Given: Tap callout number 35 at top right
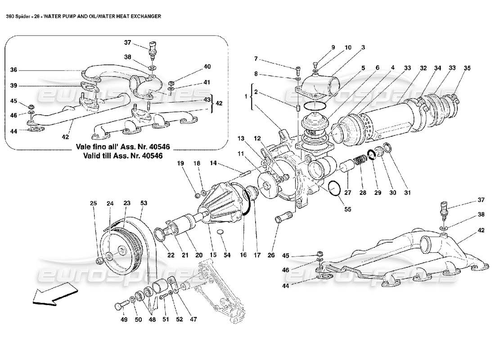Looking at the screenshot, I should [x=467, y=68].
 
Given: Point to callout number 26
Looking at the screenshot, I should [x=270, y=255].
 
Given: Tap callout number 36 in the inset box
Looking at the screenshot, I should [x=13, y=70].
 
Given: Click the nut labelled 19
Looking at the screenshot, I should [x=197, y=195].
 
